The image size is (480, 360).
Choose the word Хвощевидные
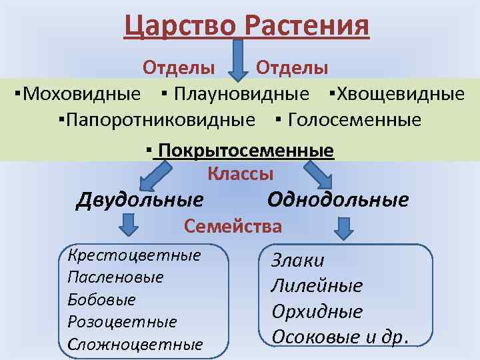coord(401,93)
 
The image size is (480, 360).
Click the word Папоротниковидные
coord(160,120)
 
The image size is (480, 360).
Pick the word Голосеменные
coord(355,120)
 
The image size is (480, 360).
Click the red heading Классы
coord(241,174)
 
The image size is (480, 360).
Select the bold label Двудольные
coord(140,199)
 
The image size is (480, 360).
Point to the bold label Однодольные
coord(338,199)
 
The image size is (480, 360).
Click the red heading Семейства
coord(233,227)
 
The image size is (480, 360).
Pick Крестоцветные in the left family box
coord(134,255)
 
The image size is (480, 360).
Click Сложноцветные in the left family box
coord(135,345)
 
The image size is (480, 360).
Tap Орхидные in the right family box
coord(317,311)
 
